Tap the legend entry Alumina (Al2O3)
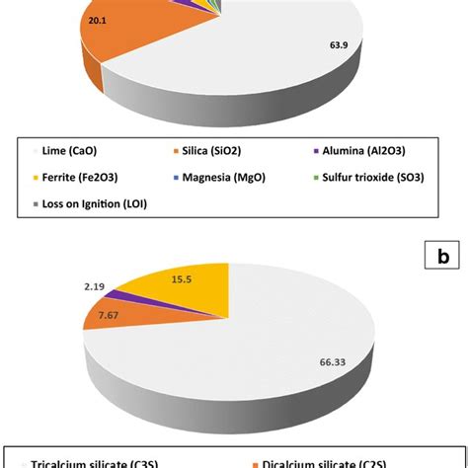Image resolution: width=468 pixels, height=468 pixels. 360,151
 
